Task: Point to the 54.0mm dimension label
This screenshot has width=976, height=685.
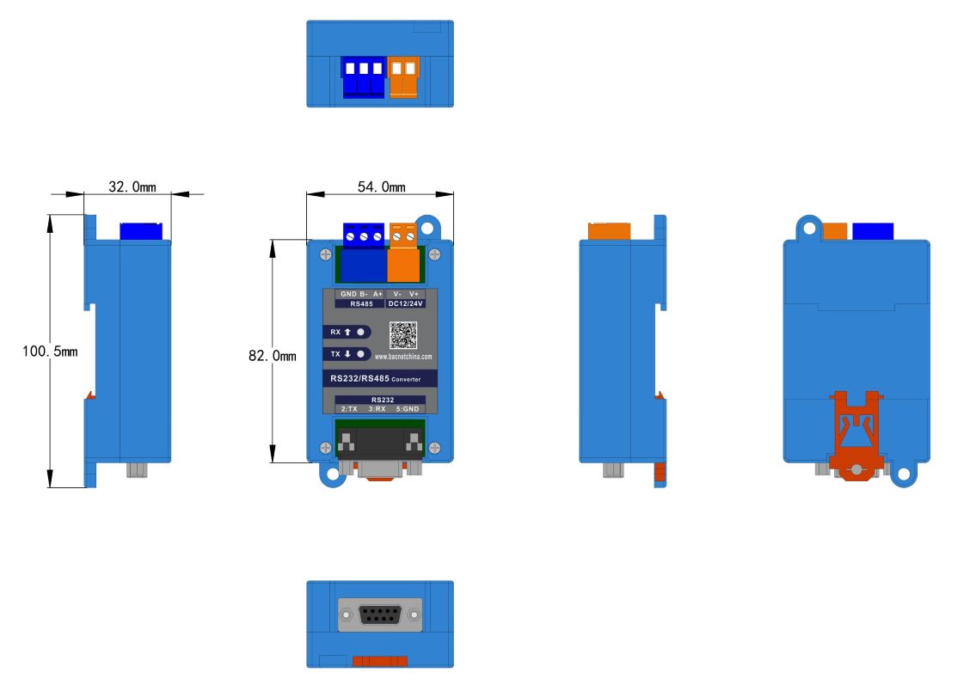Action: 381,187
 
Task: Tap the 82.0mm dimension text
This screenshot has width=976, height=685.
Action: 272,355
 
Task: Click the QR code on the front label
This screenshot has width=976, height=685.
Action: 403,335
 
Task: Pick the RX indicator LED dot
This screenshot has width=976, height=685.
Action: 361,332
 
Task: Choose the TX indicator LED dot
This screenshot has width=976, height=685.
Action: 361,354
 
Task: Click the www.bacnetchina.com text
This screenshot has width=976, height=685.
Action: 403,356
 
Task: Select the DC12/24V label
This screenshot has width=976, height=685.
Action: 405,303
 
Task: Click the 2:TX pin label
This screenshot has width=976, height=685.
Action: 349,409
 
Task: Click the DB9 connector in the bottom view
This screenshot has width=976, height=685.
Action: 380,615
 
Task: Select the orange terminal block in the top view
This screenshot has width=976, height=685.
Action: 404,77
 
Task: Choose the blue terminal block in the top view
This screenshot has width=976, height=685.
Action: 364,77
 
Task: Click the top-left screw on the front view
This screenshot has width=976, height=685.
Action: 325,254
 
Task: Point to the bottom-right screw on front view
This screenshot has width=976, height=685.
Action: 434,447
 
